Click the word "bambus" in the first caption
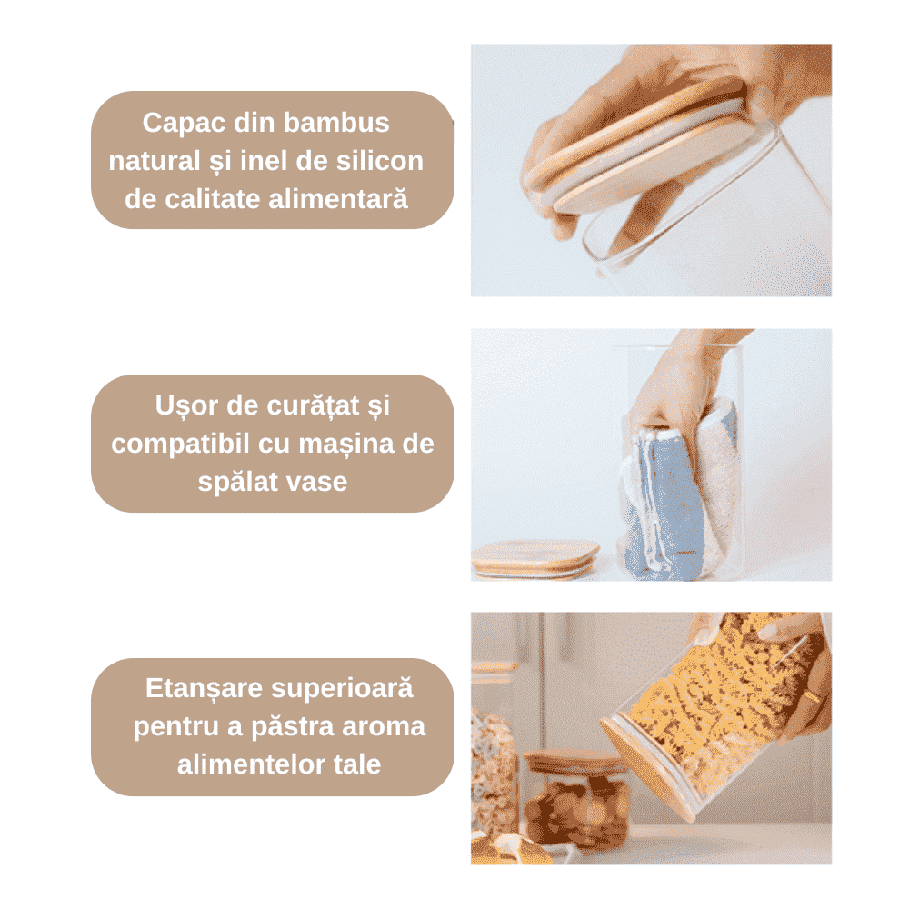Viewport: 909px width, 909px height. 336,123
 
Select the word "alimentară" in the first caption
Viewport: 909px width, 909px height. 338,199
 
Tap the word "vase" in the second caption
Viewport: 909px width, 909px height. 317,483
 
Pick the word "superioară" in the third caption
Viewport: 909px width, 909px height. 342,688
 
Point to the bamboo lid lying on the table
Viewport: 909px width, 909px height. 534,558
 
